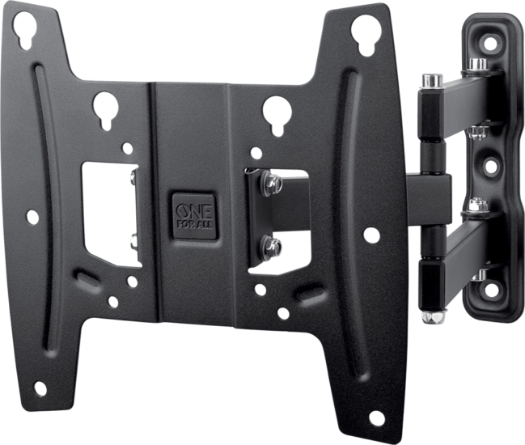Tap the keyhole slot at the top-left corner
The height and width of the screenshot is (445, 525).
24,31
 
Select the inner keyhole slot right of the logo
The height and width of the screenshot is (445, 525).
276,112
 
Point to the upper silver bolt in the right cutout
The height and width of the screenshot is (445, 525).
273,185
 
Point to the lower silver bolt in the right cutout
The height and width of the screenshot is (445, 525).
273,246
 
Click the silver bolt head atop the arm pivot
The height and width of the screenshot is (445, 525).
431,80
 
